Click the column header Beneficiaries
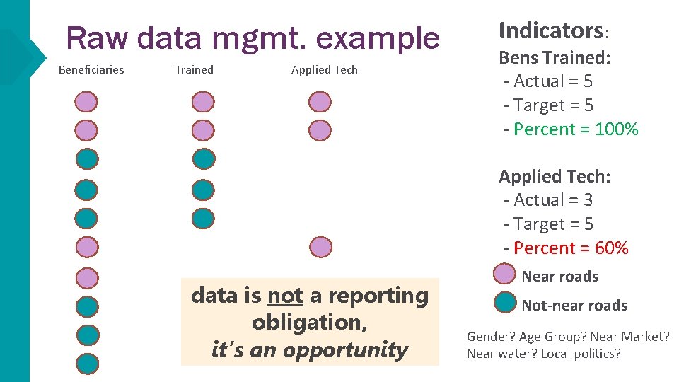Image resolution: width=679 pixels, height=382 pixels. (91, 69)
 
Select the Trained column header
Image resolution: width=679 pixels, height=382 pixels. (194, 69)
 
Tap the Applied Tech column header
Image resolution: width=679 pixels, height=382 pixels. (324, 69)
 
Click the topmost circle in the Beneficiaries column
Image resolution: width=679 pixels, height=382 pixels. (87, 102)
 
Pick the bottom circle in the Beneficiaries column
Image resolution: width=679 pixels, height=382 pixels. (87, 363)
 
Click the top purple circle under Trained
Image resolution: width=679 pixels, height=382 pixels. (203, 102)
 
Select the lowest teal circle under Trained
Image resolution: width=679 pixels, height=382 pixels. (203, 218)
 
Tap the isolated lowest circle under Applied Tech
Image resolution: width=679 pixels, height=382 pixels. (320, 246)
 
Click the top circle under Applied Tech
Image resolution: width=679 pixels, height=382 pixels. (320, 102)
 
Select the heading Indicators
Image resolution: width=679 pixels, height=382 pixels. (550, 30)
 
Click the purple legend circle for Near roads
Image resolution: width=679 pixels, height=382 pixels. (505, 274)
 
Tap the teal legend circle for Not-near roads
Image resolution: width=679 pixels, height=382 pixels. (505, 303)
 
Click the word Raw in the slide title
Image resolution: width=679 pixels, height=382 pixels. (98, 38)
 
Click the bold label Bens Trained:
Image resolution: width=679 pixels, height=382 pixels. (555, 57)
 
